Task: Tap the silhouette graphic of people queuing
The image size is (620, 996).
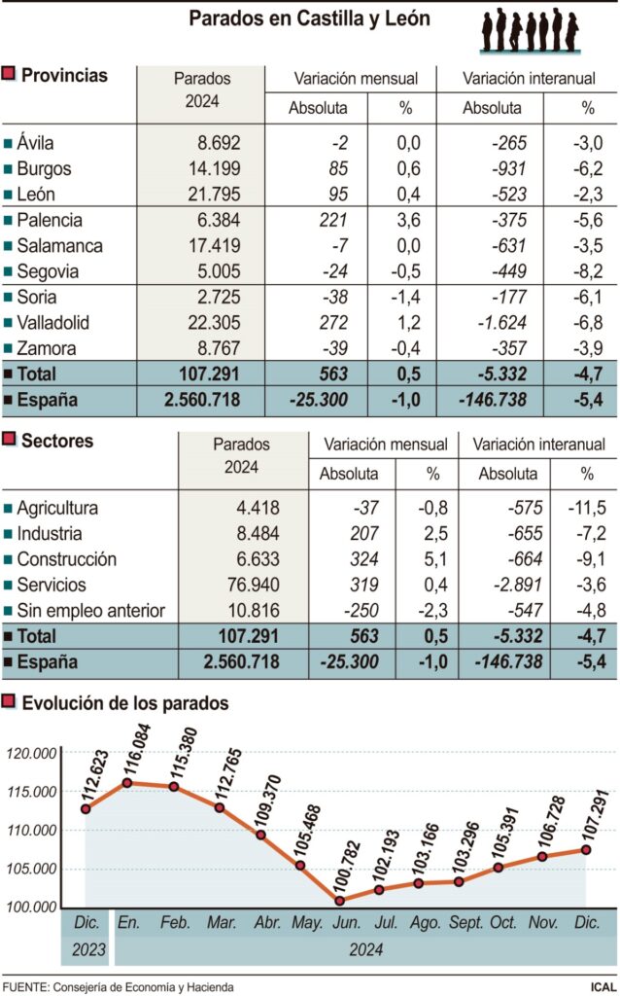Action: pyautogui.click(x=531, y=30)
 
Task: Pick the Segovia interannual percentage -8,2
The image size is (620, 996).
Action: pyautogui.click(x=586, y=272)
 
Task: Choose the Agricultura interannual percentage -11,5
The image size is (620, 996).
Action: pyautogui.click(x=585, y=508)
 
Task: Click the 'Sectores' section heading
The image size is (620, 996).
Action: pyautogui.click(x=57, y=442)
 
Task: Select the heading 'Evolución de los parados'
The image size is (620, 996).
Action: pyautogui.click(x=125, y=702)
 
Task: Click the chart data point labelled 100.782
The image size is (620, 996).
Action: pyautogui.click(x=339, y=901)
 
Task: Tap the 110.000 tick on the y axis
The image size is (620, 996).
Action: pyautogui.click(x=30, y=830)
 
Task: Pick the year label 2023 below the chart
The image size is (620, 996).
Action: pyautogui.click(x=86, y=948)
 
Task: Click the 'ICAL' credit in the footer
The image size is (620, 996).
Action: pyautogui.click(x=602, y=986)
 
